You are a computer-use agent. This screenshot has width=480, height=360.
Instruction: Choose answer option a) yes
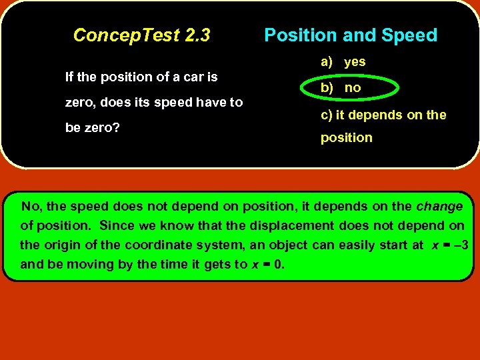click(343, 62)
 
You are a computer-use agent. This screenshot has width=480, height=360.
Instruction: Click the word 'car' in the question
click(183, 77)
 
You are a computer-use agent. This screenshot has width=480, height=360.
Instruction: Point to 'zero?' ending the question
click(102, 127)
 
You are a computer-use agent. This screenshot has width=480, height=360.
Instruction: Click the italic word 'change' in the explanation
click(439, 207)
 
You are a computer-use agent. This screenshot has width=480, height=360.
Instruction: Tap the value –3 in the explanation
click(461, 245)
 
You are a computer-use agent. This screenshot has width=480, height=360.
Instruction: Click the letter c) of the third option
click(327, 115)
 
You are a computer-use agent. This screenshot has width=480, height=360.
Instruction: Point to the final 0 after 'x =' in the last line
click(277, 264)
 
